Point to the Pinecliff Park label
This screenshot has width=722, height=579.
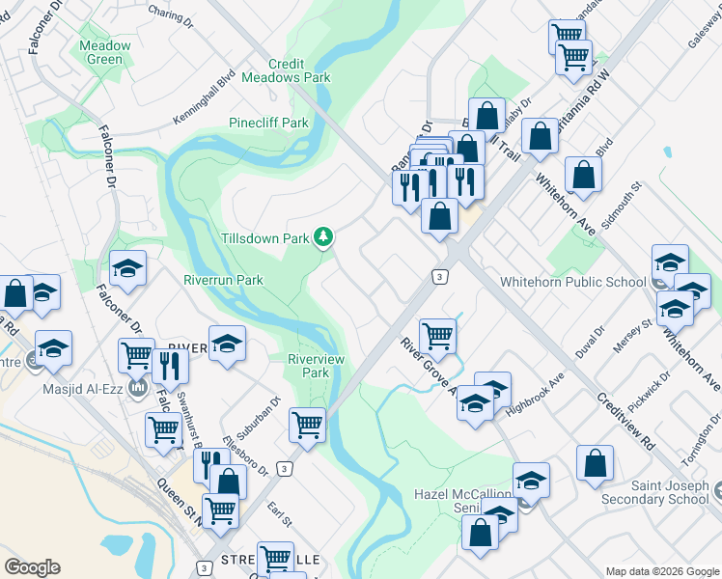[x=268, y=123]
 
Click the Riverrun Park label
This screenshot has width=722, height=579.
[x=223, y=280]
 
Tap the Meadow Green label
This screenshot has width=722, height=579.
[x=105, y=52]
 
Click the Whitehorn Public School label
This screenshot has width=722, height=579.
[x=572, y=283]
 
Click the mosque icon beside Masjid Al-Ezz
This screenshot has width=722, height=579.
[x=137, y=389]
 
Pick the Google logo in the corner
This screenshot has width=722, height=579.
[x=32, y=567]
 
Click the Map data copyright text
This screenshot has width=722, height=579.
[x=662, y=571]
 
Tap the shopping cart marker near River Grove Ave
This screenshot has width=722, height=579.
[x=438, y=336]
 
